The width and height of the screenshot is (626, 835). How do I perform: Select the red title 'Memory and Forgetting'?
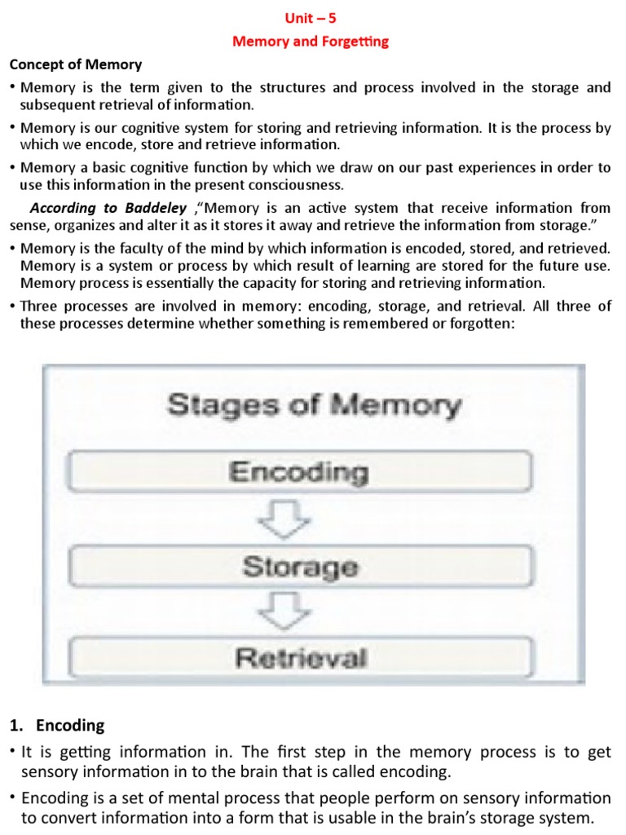coord(311,41)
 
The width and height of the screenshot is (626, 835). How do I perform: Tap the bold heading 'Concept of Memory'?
coord(75,64)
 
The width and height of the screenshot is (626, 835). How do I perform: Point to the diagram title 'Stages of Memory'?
coord(314,405)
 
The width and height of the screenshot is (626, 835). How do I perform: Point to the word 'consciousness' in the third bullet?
coord(296,184)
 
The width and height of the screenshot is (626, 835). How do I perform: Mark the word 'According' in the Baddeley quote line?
coord(61,209)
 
